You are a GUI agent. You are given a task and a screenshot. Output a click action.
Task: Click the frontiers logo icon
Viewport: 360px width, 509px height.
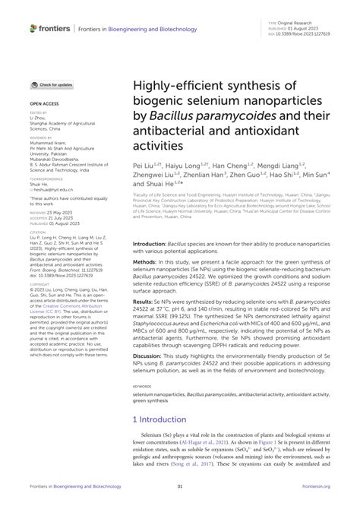33,28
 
